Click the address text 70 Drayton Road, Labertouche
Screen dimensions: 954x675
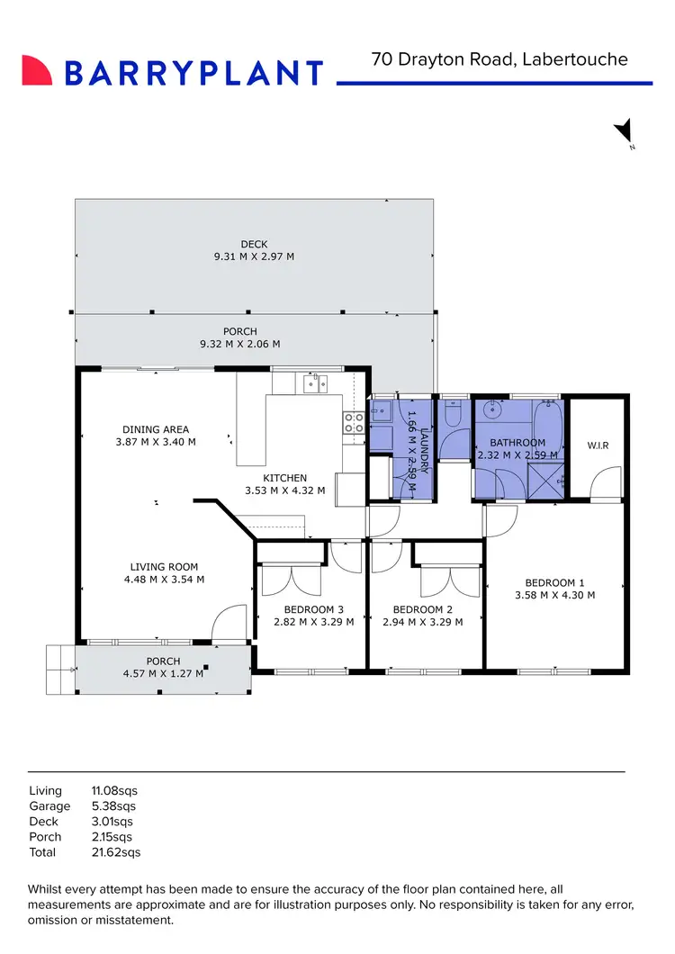(499, 59)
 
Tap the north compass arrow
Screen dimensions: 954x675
(624, 131)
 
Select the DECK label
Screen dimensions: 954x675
(254, 244)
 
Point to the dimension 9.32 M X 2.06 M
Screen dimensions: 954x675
(239, 344)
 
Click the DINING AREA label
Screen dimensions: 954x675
(156, 429)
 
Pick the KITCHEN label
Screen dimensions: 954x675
(284, 478)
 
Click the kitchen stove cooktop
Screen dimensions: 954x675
(353, 423)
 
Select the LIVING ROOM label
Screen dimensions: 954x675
(164, 567)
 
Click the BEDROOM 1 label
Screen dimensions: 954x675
(555, 581)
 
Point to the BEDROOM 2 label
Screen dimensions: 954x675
(422, 609)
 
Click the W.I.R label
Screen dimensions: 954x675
(598, 445)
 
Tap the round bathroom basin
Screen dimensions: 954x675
(491, 409)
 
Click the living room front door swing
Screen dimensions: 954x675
(229, 623)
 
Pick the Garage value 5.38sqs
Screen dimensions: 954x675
(113, 806)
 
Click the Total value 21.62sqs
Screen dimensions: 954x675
(116, 851)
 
